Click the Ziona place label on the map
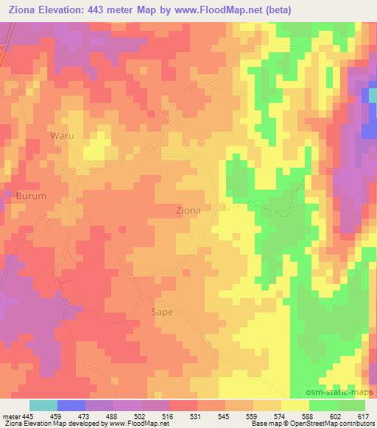point(188,210)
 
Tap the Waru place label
point(62,135)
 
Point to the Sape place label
point(162,312)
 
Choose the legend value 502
point(157,415)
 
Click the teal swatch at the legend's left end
point(43,405)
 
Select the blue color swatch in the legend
point(71,405)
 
